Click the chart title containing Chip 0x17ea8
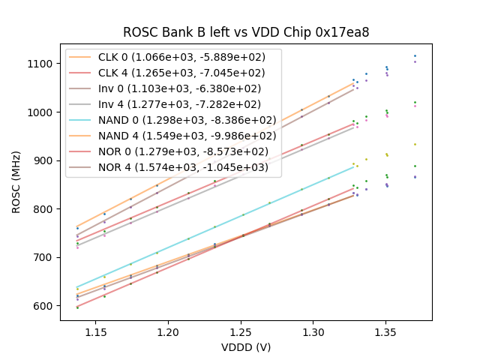(x=246, y=32)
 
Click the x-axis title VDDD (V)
(x=246, y=347)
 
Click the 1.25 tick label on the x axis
(x=241, y=331)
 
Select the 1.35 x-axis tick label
(x=386, y=331)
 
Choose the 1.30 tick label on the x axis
(x=313, y=331)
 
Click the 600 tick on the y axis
(x=44, y=306)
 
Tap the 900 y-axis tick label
(x=44, y=160)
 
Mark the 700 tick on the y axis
(x=44, y=257)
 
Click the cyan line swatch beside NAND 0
(x=82, y=119)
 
